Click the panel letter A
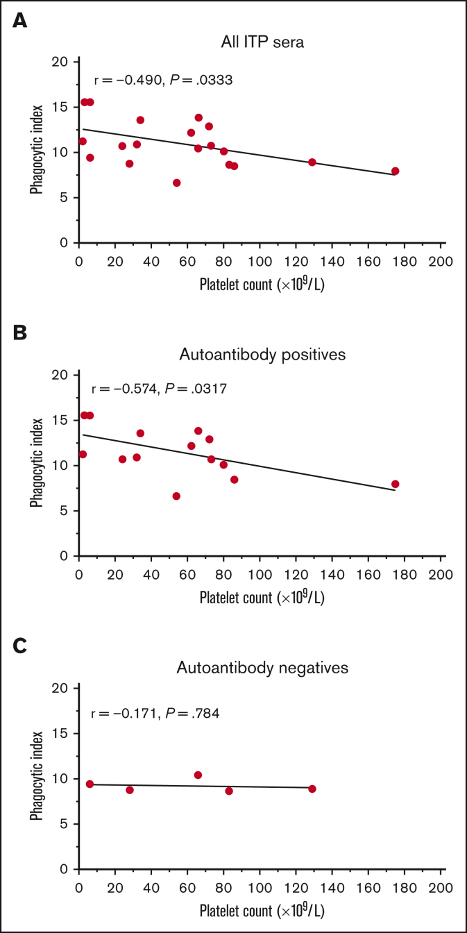[x=21, y=20]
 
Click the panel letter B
[x=21, y=333]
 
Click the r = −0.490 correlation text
[x=163, y=81]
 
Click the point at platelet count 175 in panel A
[x=396, y=171]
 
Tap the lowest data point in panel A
[x=176, y=183]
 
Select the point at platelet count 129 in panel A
[x=312, y=162]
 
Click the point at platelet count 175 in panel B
[x=396, y=484]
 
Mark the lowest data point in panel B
[x=176, y=496]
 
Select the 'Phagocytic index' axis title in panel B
[x=36, y=462]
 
